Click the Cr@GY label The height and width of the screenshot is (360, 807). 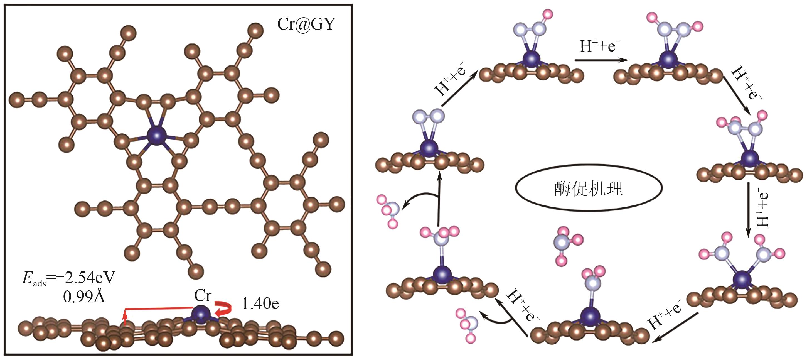(x=306, y=24)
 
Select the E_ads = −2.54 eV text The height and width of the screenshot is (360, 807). (x=68, y=278)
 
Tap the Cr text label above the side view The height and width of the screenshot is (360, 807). (x=203, y=295)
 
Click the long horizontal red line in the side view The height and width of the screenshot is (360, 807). (x=158, y=309)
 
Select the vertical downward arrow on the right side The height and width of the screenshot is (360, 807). (x=748, y=210)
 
